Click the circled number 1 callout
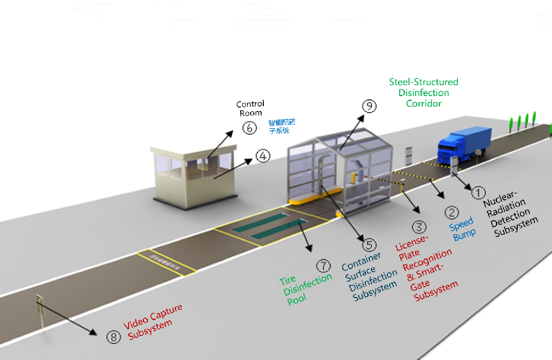(478, 192)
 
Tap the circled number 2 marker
(452, 212)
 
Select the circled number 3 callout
(419, 226)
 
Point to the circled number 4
(263, 156)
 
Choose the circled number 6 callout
(249, 128)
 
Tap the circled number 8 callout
(113, 337)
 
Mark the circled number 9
(368, 105)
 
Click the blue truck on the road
(464, 144)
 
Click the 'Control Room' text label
(250, 108)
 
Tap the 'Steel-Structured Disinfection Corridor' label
(423, 92)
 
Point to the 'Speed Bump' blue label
(463, 229)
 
